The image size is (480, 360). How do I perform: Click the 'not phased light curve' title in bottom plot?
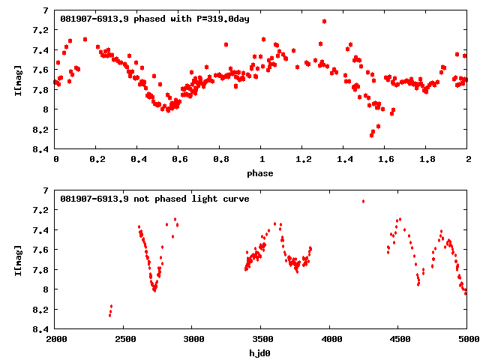click(x=154, y=199)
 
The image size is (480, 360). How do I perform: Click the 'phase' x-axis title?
click(x=262, y=173)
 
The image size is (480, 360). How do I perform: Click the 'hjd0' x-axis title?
click(x=262, y=353)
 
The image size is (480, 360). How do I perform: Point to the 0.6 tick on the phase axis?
click(x=179, y=160)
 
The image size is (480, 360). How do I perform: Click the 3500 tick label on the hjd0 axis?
click(x=262, y=340)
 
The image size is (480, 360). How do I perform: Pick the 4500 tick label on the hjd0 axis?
click(x=399, y=340)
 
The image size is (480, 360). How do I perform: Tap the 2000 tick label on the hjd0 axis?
click(x=56, y=340)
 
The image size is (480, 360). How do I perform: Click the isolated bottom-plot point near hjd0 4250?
click(x=363, y=201)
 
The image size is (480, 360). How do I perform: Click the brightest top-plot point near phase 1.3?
click(x=324, y=21)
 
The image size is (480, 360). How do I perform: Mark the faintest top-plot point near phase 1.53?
click(x=371, y=135)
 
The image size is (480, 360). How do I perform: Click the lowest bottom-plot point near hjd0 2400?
click(x=109, y=315)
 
